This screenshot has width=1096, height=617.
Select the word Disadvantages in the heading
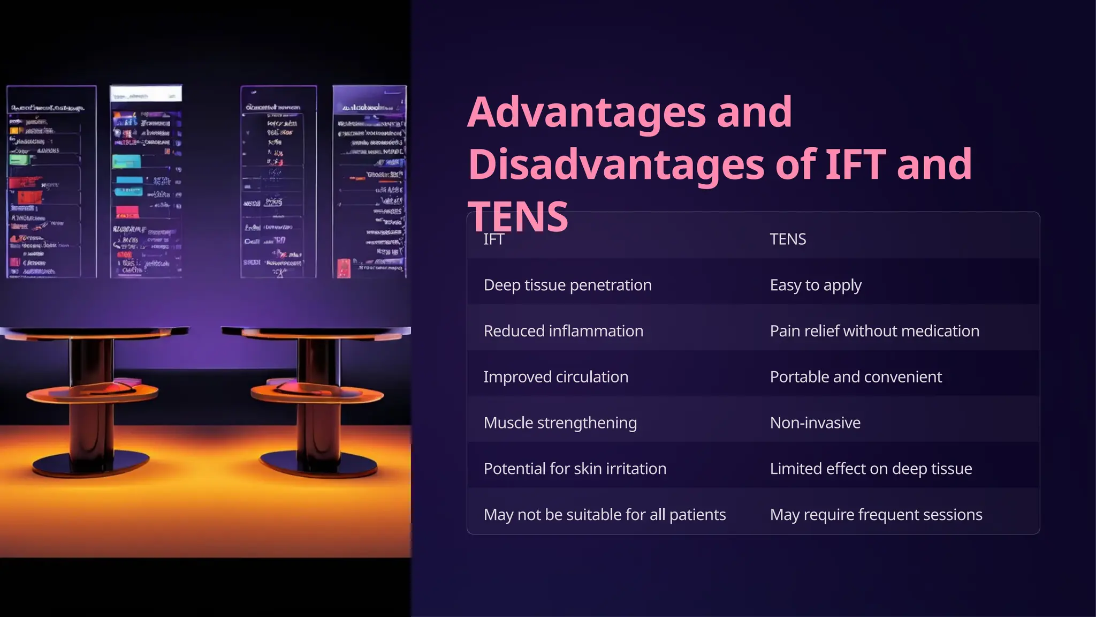615,164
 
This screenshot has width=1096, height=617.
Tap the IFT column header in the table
493,239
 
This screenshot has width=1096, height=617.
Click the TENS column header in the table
788,239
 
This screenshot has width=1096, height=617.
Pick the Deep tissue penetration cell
567,285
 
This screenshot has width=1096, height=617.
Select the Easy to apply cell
816,285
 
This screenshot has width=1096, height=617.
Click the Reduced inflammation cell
563,331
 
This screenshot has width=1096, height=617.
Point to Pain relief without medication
874,331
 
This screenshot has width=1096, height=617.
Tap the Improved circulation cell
555,377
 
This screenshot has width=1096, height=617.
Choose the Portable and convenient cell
856,377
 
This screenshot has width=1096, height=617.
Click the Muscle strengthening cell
560,423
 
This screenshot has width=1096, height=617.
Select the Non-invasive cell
815,423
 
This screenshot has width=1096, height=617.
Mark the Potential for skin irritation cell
575,469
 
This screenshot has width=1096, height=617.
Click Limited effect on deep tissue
871,469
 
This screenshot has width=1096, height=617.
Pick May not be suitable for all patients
605,515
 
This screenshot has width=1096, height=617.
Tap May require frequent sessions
876,515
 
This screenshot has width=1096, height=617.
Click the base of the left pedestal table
91,464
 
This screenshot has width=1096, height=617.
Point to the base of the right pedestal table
319,464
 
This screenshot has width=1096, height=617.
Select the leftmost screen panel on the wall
51,182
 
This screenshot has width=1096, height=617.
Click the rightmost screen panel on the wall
369,182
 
